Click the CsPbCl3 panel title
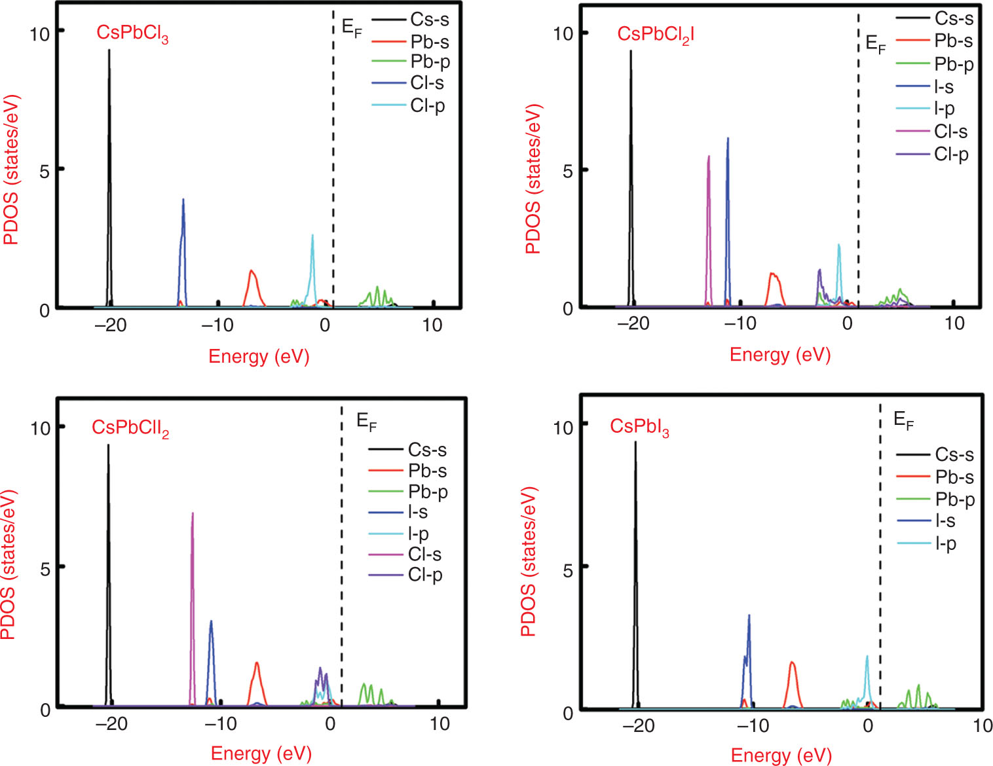[x=132, y=33]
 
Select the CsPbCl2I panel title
[x=656, y=35]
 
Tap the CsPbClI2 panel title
[x=130, y=428]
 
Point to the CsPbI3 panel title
[x=639, y=427]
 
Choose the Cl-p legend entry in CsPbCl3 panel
[x=427, y=105]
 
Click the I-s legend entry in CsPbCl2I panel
[x=943, y=86]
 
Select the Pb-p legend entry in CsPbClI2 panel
[x=428, y=492]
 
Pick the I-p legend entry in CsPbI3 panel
[x=945, y=543]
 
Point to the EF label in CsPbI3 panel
[x=903, y=420]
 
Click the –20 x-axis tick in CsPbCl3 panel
[x=110, y=325]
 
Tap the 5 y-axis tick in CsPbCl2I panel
[x=567, y=172]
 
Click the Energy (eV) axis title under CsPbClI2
[x=261, y=754]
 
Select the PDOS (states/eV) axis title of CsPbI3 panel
[x=529, y=562]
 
